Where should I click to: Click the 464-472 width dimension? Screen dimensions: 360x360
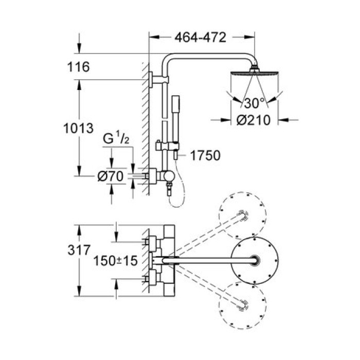(x=201, y=37)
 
